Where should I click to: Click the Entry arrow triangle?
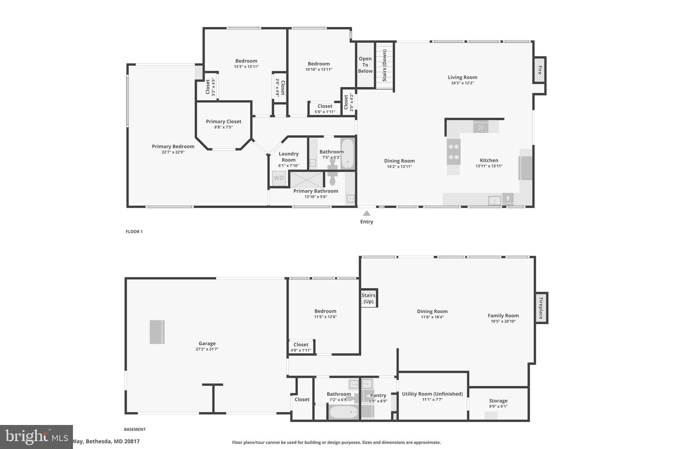(x=366, y=213)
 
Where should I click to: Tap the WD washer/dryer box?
(x=279, y=178)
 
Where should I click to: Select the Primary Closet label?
(x=223, y=121)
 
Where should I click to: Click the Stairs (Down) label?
(x=384, y=65)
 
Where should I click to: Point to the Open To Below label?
(x=365, y=65)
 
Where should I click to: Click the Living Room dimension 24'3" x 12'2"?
(x=462, y=83)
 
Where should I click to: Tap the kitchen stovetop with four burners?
(x=453, y=152)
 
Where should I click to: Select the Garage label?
(x=207, y=343)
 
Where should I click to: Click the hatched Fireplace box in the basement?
(x=541, y=308)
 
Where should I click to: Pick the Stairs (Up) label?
(x=368, y=298)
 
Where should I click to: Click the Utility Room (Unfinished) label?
(x=432, y=394)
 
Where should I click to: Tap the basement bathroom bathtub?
(x=344, y=412)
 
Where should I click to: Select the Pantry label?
(x=378, y=395)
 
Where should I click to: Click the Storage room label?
(x=498, y=401)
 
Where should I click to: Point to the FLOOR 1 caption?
(x=134, y=232)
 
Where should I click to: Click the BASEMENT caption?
(x=135, y=429)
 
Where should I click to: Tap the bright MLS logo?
(x=36, y=437)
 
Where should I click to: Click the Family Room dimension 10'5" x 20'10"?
(x=503, y=321)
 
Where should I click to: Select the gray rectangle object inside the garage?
(x=157, y=332)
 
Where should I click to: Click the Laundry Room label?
(x=289, y=157)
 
